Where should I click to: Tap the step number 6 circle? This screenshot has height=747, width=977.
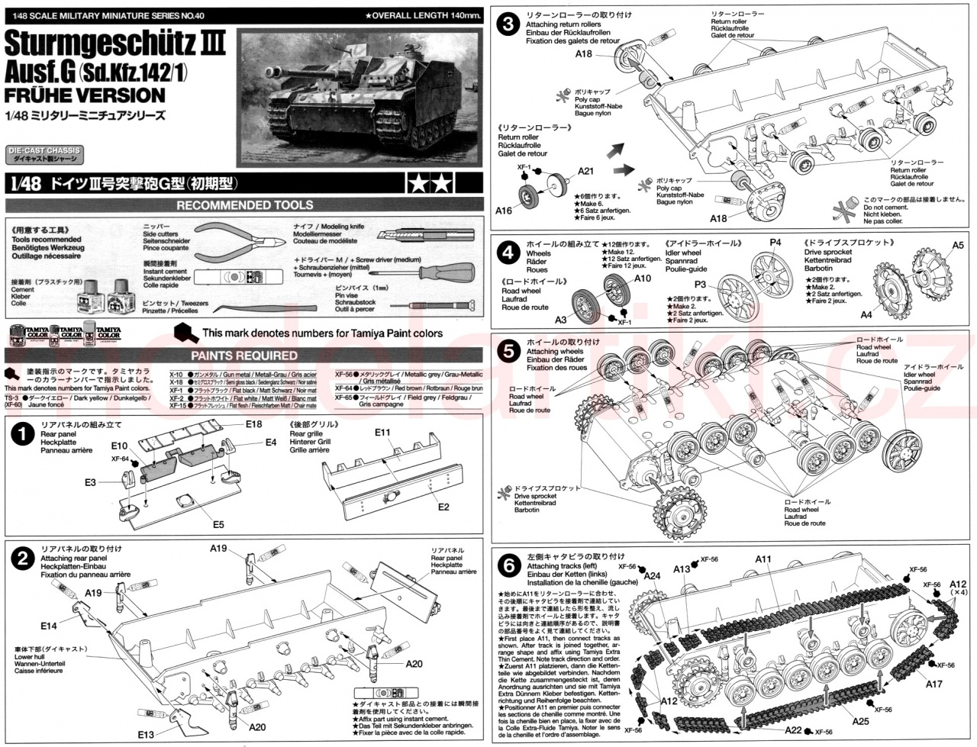point(507,565)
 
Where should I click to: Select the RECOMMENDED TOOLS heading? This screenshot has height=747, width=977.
point(244,205)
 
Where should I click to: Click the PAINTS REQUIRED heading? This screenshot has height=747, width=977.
point(244,356)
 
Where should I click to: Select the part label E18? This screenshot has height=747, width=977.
point(254,423)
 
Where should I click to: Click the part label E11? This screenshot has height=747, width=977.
point(383,432)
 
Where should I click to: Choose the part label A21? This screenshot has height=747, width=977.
point(585,171)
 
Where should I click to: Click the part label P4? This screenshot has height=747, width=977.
point(775,243)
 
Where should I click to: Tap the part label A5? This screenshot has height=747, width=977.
point(958,246)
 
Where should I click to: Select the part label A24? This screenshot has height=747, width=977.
point(651,576)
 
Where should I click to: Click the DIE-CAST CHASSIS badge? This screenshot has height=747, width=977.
point(43,154)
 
